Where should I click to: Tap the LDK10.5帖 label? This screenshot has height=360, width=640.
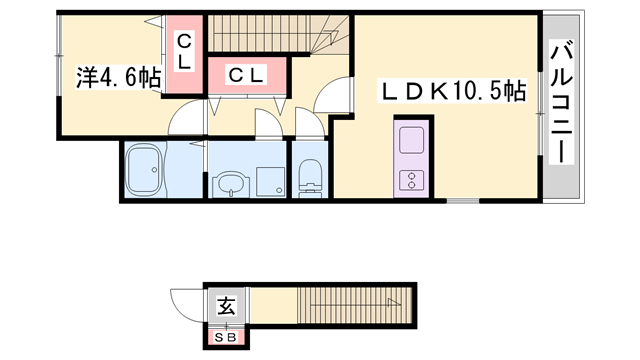click(451, 92)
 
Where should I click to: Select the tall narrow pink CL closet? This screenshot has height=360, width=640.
click(185, 54)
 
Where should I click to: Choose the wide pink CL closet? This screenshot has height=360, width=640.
click(245, 74)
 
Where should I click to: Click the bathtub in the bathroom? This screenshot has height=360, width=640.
click(146, 172)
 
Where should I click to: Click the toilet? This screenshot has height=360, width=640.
click(309, 176)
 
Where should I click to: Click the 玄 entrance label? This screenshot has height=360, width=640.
click(227, 307)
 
